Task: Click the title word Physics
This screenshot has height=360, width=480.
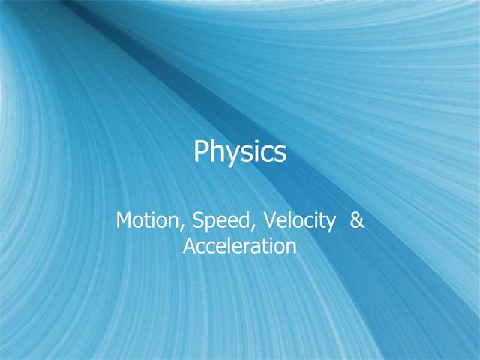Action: click(x=240, y=152)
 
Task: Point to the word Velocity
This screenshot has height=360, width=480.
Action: click(x=292, y=221)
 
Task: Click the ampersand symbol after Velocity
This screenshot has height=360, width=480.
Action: click(x=357, y=221)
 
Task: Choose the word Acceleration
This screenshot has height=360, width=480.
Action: click(x=240, y=245)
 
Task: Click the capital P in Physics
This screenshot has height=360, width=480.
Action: click(x=201, y=151)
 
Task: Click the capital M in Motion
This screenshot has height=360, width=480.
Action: click(x=124, y=221)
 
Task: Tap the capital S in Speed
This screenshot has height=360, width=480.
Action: click(x=197, y=221)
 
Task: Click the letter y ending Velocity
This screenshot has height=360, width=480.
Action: click(x=329, y=224)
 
